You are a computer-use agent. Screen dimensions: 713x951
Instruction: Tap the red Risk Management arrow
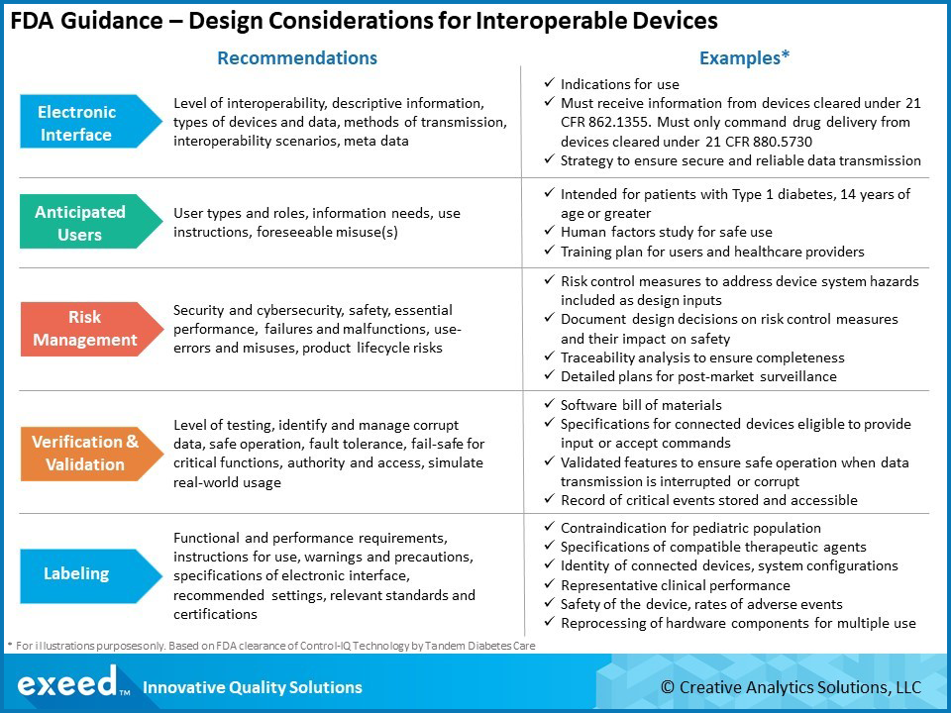(x=84, y=329)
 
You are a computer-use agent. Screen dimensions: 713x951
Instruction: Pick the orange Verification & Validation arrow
(x=84, y=453)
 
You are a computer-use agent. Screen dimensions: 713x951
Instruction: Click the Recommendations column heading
(x=297, y=57)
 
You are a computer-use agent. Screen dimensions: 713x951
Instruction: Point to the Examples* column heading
(x=744, y=57)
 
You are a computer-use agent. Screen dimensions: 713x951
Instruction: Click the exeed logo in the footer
(x=67, y=684)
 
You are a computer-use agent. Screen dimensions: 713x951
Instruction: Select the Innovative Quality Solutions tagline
(x=253, y=687)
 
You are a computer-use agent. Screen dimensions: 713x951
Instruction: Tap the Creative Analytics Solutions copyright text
(x=791, y=687)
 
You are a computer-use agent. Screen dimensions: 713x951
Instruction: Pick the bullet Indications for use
(x=619, y=85)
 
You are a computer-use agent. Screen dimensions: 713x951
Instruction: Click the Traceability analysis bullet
(x=701, y=357)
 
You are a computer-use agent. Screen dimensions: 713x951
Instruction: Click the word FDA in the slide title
(x=36, y=21)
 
